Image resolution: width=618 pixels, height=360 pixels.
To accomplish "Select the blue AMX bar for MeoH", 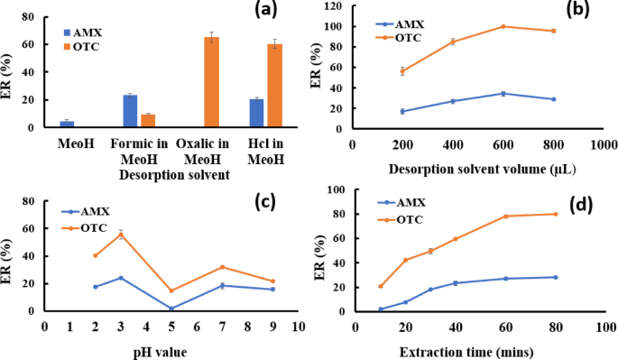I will tap(67, 124).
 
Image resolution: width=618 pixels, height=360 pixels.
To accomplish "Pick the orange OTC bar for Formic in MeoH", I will tap(148, 121).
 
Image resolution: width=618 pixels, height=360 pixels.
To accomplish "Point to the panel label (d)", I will tap(578, 201).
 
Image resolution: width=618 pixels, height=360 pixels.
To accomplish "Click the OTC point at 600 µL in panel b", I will tap(529, 26).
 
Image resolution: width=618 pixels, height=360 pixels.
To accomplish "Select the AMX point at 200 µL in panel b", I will tap(402, 111).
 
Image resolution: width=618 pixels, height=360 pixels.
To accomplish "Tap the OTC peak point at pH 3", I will tap(121, 234).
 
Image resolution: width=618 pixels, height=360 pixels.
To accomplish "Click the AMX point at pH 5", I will tap(171, 309).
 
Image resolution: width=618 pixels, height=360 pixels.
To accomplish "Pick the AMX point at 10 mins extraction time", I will tap(380, 309).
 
